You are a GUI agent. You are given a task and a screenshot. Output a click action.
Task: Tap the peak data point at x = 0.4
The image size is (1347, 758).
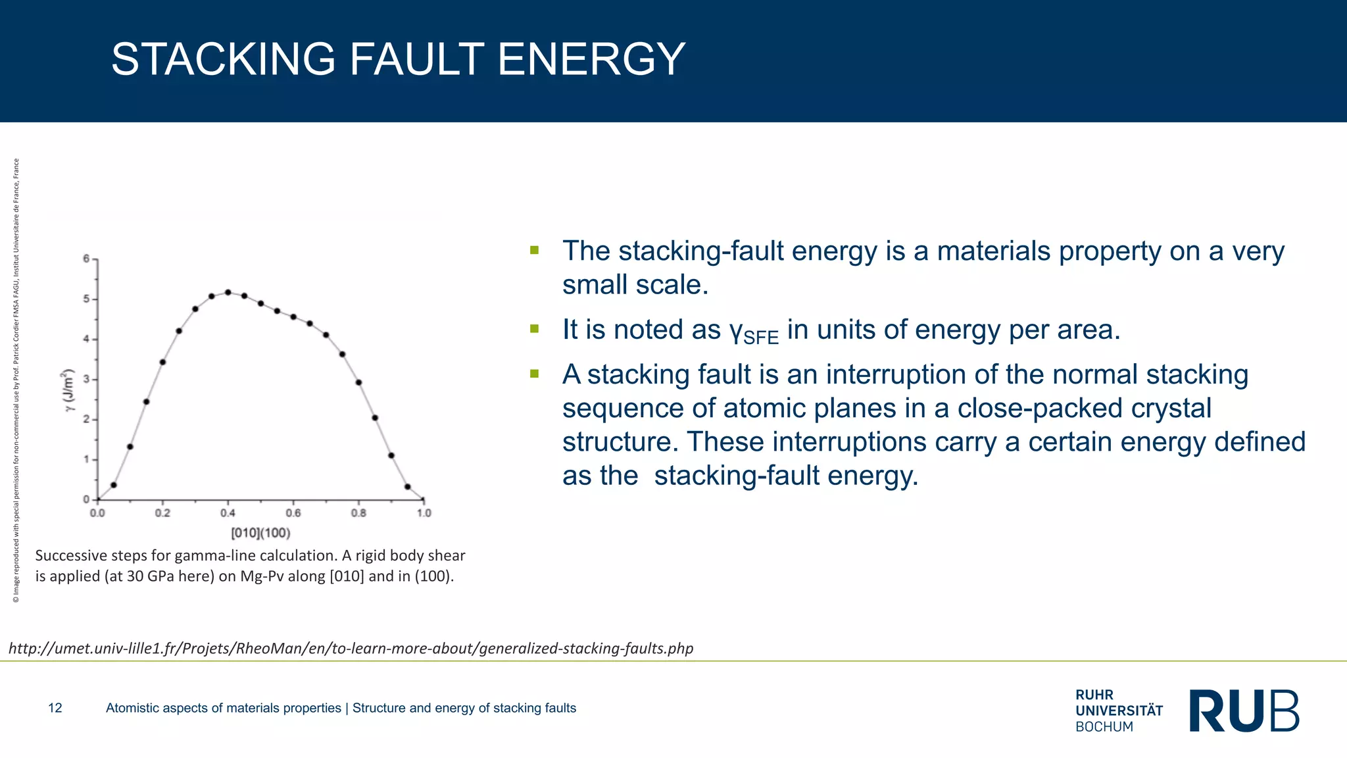pos(228,292)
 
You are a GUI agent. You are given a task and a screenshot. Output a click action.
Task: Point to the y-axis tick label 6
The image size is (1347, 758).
pos(86,259)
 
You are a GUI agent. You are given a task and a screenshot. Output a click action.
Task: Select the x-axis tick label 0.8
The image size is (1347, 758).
pos(358,513)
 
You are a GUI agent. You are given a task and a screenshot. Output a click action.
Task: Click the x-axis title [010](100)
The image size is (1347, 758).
pos(260,533)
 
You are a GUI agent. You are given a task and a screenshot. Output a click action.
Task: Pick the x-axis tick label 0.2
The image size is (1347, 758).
pos(162,513)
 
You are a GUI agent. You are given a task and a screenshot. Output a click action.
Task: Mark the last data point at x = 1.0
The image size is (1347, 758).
pos(423,499)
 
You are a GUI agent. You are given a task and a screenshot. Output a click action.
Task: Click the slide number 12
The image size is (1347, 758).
pos(55,708)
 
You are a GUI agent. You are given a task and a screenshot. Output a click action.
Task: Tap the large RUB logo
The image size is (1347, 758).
pos(1244,711)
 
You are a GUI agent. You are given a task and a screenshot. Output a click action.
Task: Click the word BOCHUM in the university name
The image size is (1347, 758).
pos(1104,727)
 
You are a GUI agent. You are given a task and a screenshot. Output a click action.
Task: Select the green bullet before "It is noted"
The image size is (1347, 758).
pos(534,328)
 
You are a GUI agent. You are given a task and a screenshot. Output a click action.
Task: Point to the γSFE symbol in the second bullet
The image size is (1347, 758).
pos(754,332)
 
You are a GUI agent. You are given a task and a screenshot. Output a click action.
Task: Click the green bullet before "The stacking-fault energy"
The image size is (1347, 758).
pos(534,250)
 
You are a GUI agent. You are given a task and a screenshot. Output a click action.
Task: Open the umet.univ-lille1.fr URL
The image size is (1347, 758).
pos(351,649)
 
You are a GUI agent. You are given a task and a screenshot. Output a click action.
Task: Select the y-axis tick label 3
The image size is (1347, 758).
pos(86,380)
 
